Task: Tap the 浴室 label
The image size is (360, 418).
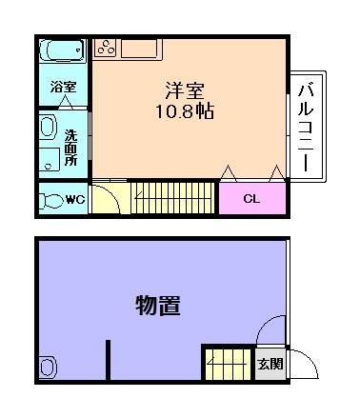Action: click(63, 86)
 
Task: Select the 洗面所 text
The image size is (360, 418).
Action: click(70, 148)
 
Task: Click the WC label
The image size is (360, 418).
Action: click(75, 200)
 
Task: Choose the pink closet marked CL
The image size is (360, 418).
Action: click(251, 198)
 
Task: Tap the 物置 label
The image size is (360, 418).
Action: click(158, 306)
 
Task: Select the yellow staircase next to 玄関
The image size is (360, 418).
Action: click(227, 365)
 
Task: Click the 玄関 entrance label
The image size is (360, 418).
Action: click(270, 364)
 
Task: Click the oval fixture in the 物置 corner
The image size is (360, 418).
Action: click(48, 368)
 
